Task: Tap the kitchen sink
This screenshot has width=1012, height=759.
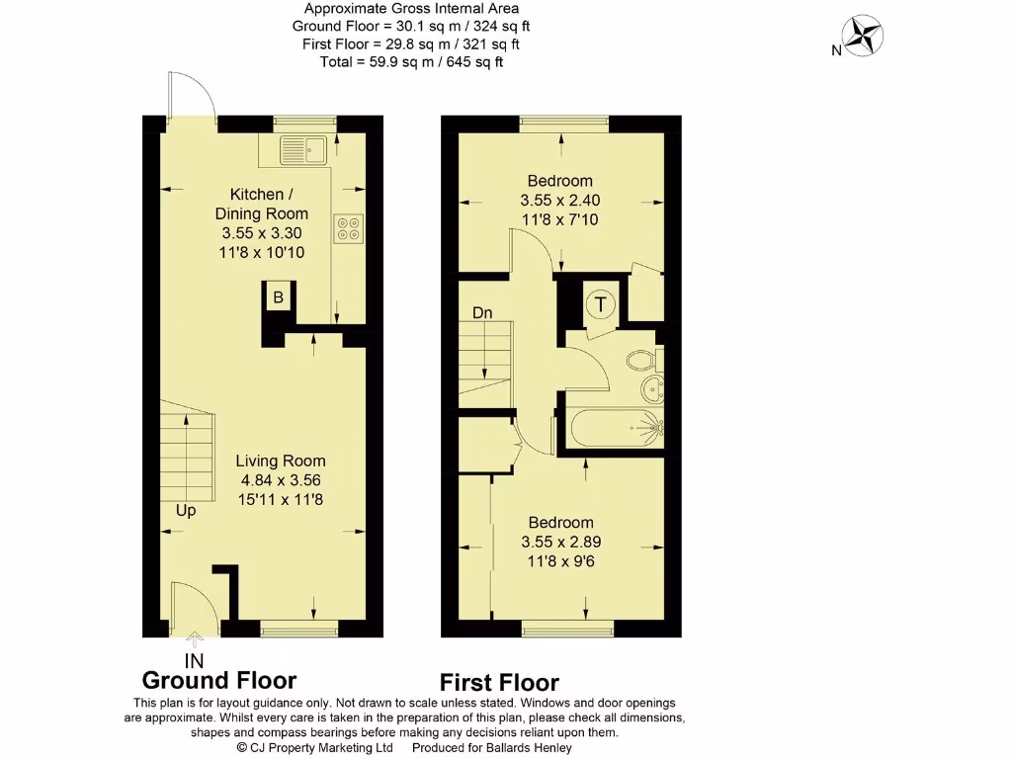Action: pyautogui.click(x=302, y=150)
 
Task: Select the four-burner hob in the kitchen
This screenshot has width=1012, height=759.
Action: pyautogui.click(x=349, y=228)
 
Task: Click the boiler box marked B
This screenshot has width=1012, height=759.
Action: pyautogui.click(x=278, y=297)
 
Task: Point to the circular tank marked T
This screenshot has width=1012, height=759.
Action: pyautogui.click(x=599, y=304)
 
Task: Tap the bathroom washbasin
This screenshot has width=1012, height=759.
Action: pyautogui.click(x=652, y=388)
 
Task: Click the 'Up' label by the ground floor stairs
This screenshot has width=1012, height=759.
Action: pyautogui.click(x=186, y=511)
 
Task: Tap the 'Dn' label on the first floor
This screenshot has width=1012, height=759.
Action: pyautogui.click(x=482, y=313)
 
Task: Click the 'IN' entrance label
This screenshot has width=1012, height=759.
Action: pyautogui.click(x=195, y=659)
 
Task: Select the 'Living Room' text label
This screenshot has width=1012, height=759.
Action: pyautogui.click(x=282, y=462)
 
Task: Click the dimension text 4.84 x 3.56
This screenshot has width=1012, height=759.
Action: pyautogui.click(x=282, y=480)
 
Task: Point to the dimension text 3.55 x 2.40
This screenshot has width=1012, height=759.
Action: pyautogui.click(x=560, y=200)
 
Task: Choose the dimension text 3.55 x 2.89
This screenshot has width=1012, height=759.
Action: pyautogui.click(x=560, y=542)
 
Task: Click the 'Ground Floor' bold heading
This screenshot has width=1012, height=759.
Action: pyautogui.click(x=218, y=681)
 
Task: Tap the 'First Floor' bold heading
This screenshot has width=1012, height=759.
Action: pyautogui.click(x=499, y=683)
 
